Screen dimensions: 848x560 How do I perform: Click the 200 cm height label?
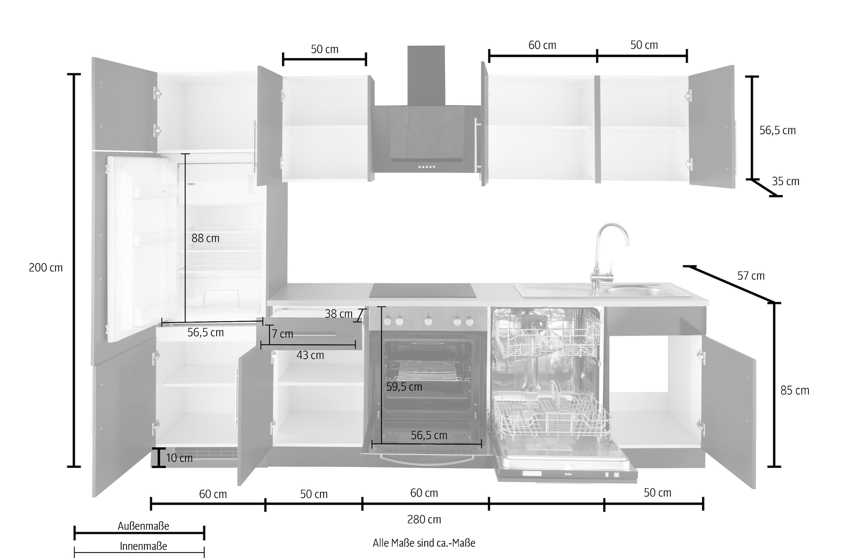pos(46,268)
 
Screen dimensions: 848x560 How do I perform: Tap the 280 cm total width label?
pos(424,520)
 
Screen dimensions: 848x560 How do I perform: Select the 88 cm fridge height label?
pos(206,238)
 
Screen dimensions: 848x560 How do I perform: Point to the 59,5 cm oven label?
pos(404,387)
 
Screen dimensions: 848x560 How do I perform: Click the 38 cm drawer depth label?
pos(338,314)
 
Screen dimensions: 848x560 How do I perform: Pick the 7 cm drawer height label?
pos(282,334)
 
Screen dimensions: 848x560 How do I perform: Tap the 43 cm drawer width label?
pos(310,355)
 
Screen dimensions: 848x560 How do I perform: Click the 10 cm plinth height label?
pos(179,458)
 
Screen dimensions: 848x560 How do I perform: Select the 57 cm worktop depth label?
pos(751,276)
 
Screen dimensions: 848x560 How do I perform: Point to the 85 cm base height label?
pos(795,391)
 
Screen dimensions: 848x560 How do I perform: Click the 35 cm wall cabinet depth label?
pos(785,181)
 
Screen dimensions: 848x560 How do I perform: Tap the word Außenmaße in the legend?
pos(143,526)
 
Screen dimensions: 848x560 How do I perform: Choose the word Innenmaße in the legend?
pos(143,547)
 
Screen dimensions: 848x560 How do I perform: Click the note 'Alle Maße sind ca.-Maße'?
pos(424,543)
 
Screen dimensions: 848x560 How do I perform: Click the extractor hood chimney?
pos(426,76)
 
